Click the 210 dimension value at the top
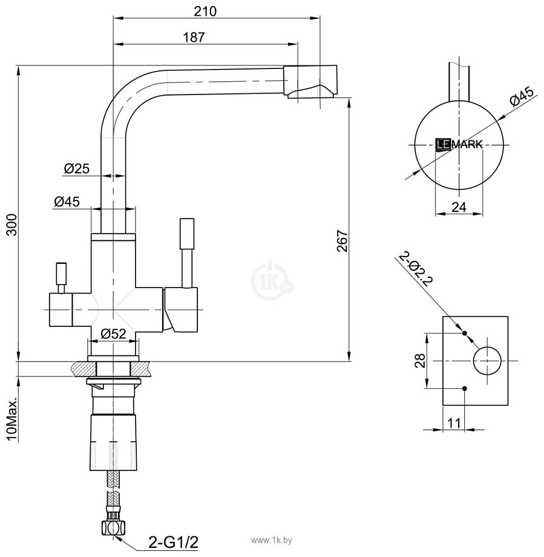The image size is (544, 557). (x=206, y=11)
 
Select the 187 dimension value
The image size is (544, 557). (x=194, y=37)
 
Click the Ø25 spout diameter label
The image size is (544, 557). (x=76, y=169)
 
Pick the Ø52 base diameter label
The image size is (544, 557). (x=113, y=333)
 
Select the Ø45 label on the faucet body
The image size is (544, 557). (x=67, y=202)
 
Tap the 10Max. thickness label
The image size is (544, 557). (x=10, y=420)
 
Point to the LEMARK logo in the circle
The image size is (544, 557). (x=459, y=144)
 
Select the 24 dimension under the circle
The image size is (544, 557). (x=459, y=207)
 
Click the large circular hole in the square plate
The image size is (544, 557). (x=488, y=361)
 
